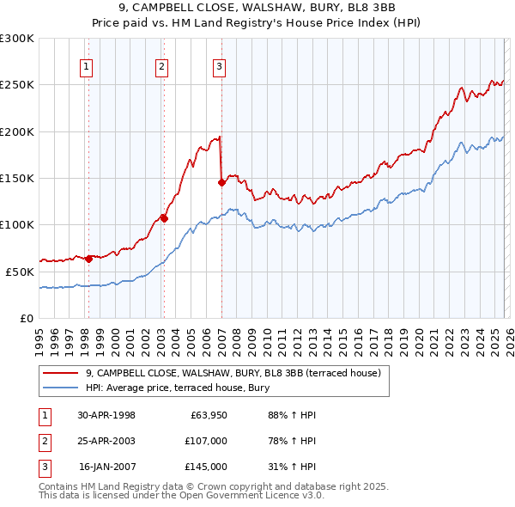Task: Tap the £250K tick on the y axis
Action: click(x=17, y=85)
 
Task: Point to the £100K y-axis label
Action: click(x=17, y=224)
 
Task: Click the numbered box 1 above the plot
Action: click(x=88, y=67)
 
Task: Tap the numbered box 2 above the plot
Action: click(x=162, y=67)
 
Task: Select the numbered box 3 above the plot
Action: click(x=219, y=67)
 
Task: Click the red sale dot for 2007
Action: click(x=221, y=182)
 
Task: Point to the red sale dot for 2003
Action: click(x=164, y=218)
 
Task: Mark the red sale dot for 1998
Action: click(x=89, y=258)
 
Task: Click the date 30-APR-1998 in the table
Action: click(x=106, y=415)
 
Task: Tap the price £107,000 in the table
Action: click(x=206, y=441)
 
